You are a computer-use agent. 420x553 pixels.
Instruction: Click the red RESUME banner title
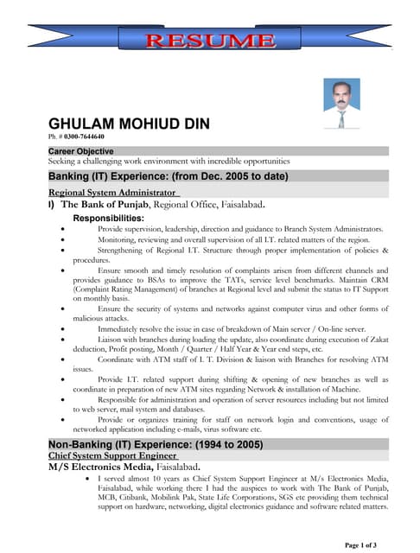(210, 40)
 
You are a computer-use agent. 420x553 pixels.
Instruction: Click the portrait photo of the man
(341, 105)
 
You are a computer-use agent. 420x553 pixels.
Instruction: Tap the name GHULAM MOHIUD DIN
(129, 124)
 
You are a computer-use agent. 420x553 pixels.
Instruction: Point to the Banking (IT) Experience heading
(168, 176)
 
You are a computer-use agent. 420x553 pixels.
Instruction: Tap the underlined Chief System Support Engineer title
(112, 454)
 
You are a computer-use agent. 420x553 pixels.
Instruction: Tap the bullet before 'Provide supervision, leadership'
(63, 229)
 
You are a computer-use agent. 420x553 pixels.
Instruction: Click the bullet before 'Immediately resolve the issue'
(63, 329)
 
